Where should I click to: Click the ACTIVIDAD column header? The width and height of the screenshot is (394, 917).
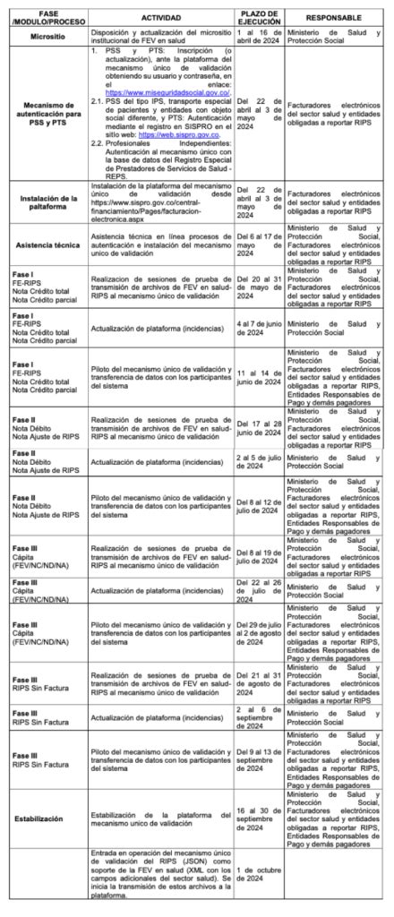click(x=161, y=18)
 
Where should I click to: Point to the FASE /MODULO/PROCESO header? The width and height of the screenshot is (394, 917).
click(x=47, y=18)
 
